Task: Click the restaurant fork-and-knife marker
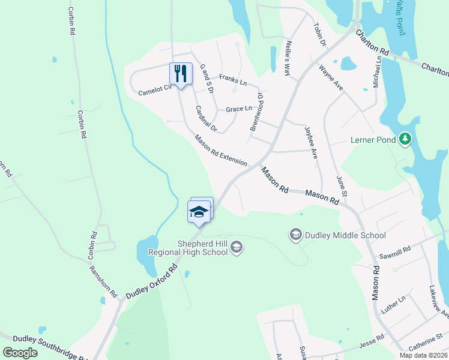181,74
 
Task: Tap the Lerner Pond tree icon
405,139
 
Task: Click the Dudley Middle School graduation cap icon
295,234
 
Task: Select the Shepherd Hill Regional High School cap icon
237,247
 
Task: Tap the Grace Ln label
239,109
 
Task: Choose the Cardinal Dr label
205,118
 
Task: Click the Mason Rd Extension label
221,150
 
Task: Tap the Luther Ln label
394,305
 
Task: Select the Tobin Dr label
319,35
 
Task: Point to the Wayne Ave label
331,78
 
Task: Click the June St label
342,187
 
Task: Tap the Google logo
20,353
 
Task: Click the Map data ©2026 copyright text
423,355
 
